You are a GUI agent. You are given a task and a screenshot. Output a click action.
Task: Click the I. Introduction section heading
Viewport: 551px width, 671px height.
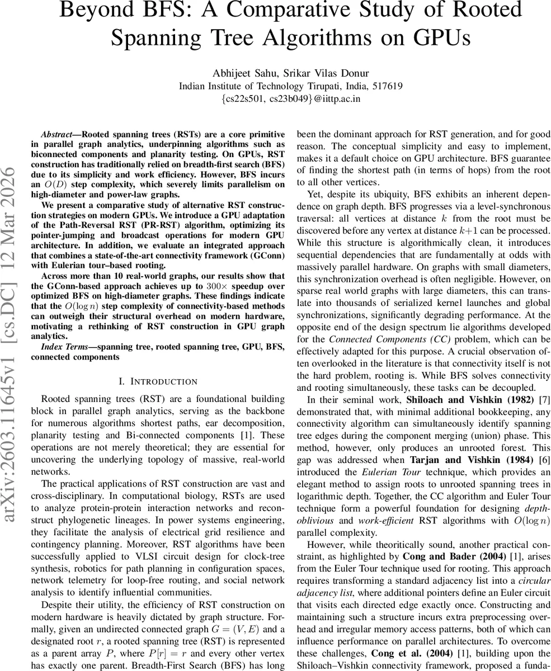[158, 381]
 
